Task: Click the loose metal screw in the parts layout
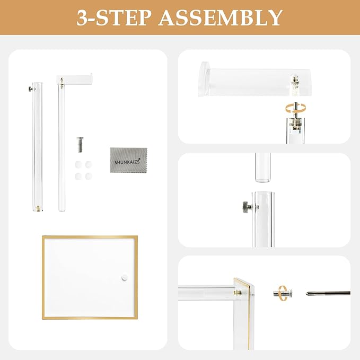[x=80, y=144]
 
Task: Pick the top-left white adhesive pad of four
[x=78, y=165]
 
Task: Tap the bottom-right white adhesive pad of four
[x=88, y=175]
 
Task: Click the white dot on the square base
[x=125, y=276]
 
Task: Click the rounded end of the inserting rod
[x=262, y=174]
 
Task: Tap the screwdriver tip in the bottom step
[x=309, y=294]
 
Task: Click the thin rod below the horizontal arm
[x=62, y=148]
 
